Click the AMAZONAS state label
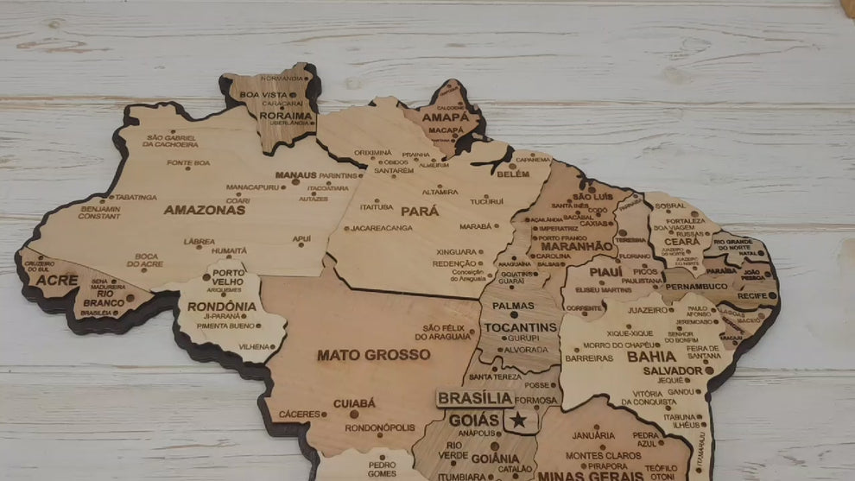point(204,210)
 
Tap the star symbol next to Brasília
point(518,420)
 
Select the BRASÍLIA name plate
point(475,398)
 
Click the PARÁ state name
point(420,211)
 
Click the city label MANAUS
point(296,174)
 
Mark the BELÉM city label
point(513,174)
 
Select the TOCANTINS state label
point(520,327)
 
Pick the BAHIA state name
point(651,356)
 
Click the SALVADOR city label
point(673,370)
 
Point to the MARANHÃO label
point(576,246)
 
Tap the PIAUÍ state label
point(605,271)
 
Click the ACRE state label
point(57,281)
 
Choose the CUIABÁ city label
point(354,403)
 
